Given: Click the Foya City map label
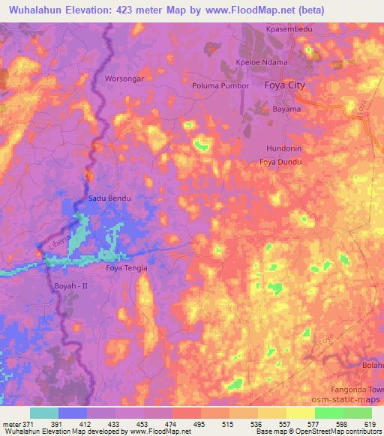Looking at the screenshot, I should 285,85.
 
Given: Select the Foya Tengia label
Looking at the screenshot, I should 127,267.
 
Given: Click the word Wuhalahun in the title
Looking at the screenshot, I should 34,9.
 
